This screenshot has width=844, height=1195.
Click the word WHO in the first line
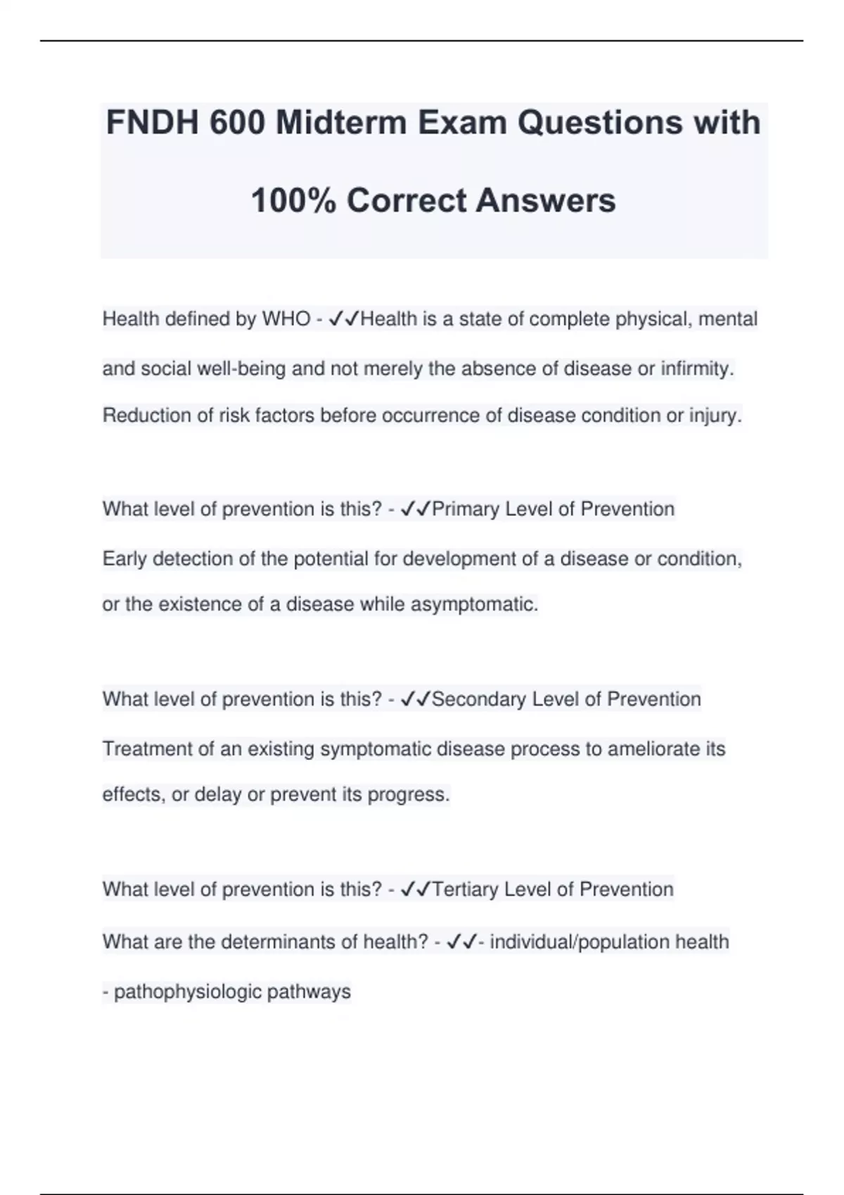tap(286, 319)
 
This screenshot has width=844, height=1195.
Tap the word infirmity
tap(697, 368)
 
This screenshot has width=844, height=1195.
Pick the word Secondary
tap(478, 699)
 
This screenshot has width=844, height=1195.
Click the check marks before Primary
tap(415, 509)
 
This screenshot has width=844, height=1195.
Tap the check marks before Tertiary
tap(415, 889)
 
